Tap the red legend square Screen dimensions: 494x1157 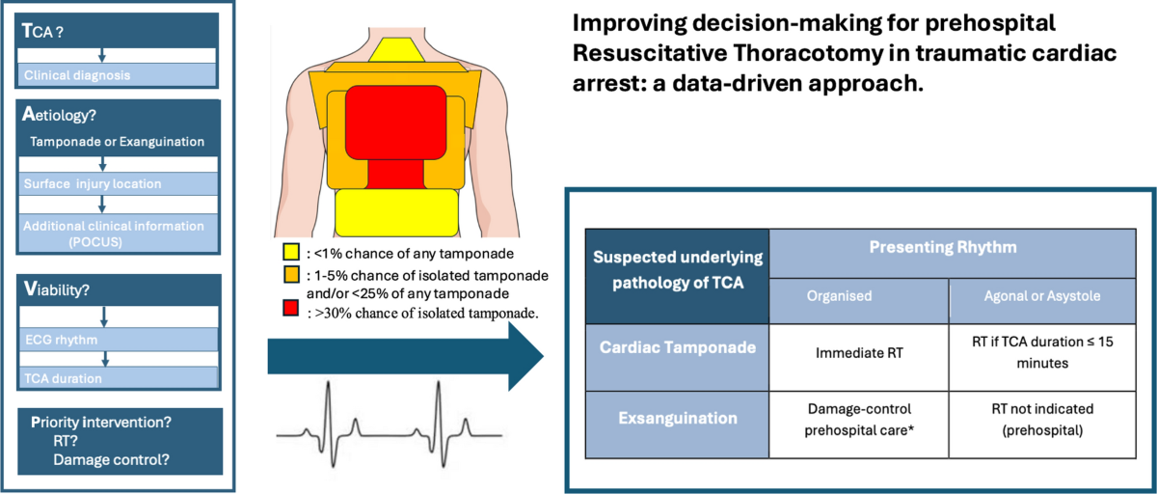289,313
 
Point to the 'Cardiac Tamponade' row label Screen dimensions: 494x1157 677,349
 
